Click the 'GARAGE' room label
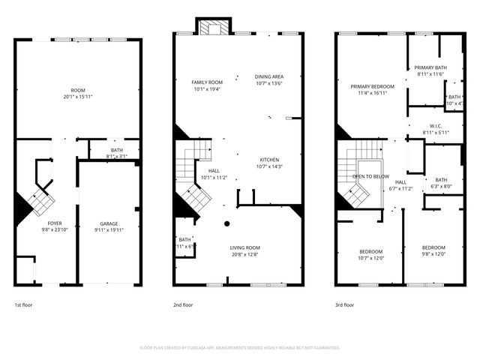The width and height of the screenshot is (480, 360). click(x=109, y=223)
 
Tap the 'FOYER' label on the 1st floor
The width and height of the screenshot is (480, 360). click(x=55, y=223)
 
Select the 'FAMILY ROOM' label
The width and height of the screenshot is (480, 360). click(x=208, y=82)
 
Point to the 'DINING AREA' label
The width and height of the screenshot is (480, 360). click(x=268, y=76)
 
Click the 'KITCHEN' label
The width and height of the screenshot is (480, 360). click(x=269, y=160)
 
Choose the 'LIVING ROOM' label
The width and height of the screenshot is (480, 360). click(x=244, y=247)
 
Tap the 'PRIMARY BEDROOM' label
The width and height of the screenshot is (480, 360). click(x=373, y=87)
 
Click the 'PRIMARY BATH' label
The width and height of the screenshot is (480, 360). click(x=430, y=67)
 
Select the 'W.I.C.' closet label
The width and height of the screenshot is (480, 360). click(x=435, y=125)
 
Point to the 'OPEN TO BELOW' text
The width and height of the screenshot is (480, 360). click(x=370, y=176)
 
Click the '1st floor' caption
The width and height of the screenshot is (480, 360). click(x=23, y=305)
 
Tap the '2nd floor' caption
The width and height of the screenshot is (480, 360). click(x=183, y=305)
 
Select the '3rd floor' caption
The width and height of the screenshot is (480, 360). click(x=345, y=305)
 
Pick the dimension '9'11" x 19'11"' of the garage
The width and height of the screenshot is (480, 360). click(x=109, y=230)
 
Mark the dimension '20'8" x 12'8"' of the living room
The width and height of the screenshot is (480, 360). click(x=244, y=254)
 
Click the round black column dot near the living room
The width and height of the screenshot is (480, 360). click(x=227, y=223)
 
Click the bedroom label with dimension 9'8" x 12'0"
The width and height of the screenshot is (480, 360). click(x=433, y=247)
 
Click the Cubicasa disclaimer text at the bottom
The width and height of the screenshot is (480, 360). click(x=240, y=348)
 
